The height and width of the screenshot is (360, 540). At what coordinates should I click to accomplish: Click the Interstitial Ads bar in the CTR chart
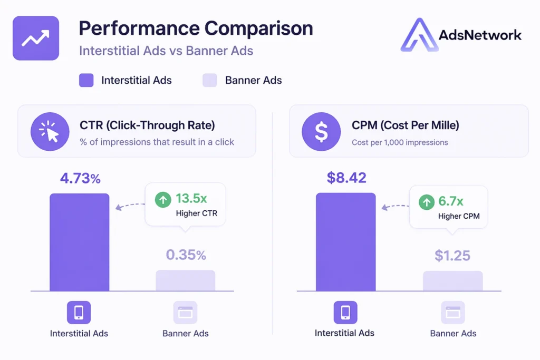[79, 242]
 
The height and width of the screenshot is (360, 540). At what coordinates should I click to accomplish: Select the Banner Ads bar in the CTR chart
[185, 280]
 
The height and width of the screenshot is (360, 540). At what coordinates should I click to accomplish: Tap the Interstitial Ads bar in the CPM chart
[345, 242]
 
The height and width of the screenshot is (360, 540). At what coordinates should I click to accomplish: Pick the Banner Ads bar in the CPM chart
[452, 280]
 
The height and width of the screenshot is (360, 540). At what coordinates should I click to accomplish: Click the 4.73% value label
[80, 178]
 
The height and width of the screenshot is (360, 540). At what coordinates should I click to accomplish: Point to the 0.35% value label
[186, 255]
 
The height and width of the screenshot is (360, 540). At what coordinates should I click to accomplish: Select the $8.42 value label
[346, 178]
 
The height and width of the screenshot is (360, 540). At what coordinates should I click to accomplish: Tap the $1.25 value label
[452, 256]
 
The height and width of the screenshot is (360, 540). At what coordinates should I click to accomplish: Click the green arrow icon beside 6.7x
[426, 202]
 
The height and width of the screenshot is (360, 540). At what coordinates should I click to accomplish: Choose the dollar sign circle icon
[321, 132]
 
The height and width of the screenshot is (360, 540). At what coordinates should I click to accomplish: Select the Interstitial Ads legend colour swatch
[86, 80]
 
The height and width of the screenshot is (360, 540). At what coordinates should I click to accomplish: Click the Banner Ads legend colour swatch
[210, 80]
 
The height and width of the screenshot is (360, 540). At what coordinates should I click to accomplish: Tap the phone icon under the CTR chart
[79, 313]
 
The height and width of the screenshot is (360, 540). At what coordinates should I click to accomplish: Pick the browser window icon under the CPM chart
[452, 313]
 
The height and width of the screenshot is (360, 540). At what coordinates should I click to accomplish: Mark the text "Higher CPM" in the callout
[458, 216]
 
